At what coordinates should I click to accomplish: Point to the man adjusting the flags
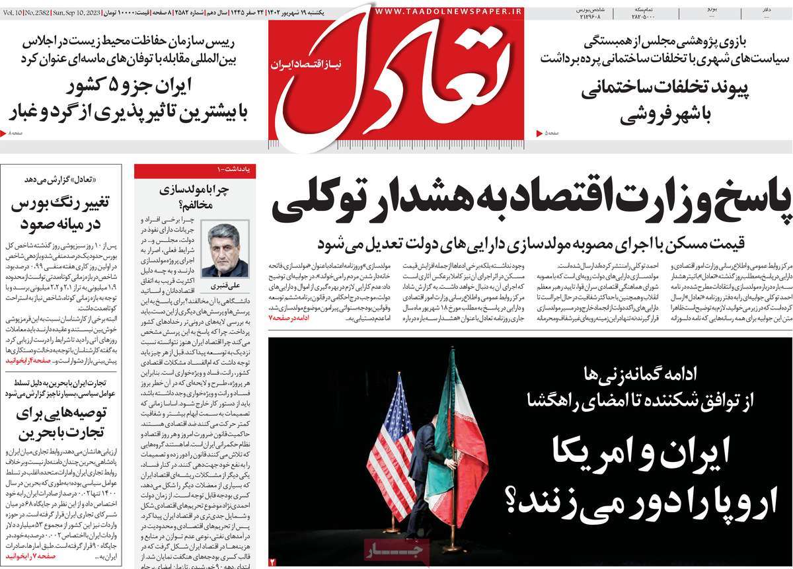pos(423,473)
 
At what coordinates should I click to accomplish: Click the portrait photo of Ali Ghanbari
pos(225,250)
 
